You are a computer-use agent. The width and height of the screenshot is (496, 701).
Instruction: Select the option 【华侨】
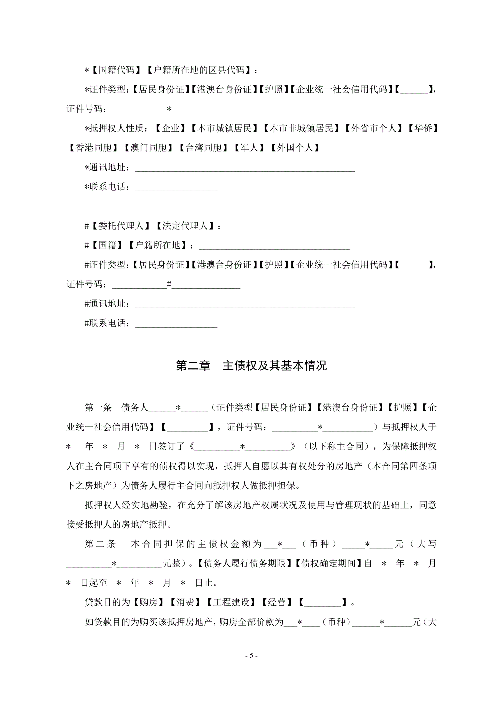[423, 128]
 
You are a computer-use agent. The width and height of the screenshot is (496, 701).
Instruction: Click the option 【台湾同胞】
[203, 148]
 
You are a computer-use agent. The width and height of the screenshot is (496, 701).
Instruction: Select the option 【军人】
[249, 148]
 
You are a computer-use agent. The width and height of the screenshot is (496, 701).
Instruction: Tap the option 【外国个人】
[295, 148]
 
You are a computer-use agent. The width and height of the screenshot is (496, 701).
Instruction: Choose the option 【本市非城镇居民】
[301, 128]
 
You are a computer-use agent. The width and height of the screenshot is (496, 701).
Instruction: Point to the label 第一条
[98, 407]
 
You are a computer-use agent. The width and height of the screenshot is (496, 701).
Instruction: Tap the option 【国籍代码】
[116, 70]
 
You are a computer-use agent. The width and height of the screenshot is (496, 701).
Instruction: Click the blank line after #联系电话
[176, 324]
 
